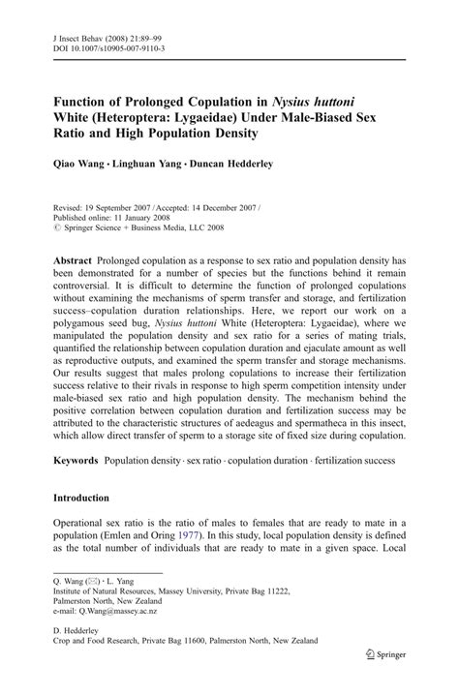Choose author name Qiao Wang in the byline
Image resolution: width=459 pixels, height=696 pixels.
[x=79, y=165]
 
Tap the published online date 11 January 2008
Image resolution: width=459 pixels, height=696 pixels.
[x=154, y=219]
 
